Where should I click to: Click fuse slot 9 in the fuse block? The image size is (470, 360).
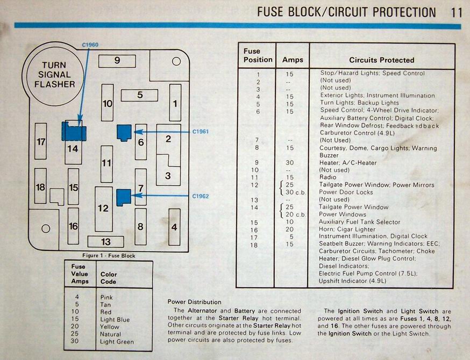pos(117,61)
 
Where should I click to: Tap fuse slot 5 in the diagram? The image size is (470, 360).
pos(139,95)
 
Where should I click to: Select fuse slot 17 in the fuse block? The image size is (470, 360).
pos(41,141)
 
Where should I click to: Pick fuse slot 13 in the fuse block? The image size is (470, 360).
pos(105,242)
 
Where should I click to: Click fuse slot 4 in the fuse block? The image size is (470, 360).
pos(174,227)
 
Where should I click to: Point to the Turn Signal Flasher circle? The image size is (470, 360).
pos(55,75)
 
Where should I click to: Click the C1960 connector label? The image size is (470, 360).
pos(90,45)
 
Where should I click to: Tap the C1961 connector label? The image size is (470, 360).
pos(201,132)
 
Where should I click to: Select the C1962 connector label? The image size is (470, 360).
pos(201,196)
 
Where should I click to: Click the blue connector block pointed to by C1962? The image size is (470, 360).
pos(124,197)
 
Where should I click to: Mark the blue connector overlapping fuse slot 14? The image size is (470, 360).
pos(74,131)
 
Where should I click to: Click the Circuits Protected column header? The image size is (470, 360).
pos(382,60)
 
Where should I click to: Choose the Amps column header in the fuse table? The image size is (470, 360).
pos(293,60)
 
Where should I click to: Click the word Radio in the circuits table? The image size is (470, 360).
pos(328,177)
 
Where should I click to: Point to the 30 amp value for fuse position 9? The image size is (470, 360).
pos(289,163)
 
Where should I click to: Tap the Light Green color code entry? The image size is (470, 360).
pos(117,342)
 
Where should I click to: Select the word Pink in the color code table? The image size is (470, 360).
pos(106,298)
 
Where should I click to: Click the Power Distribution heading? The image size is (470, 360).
pos(194,302)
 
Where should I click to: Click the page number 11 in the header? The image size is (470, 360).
pos(456,12)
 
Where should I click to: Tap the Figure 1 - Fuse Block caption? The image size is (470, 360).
pos(109,255)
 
